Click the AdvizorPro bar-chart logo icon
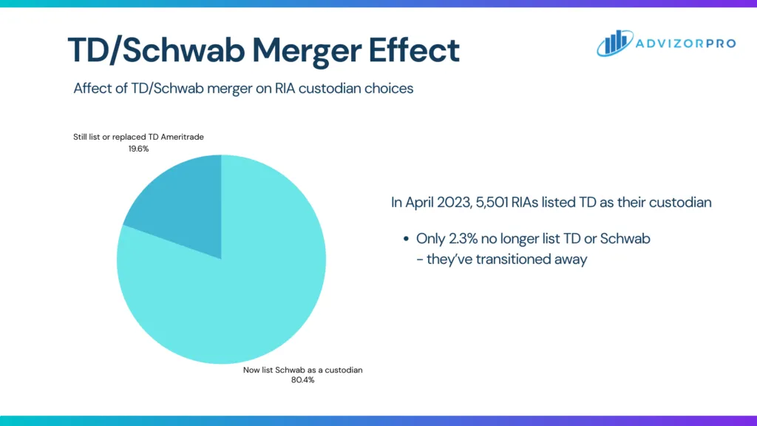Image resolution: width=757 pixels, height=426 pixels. coord(614,44)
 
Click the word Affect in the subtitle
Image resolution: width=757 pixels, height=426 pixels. coord(92,88)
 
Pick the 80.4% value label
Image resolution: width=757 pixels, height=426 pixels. coord(303,380)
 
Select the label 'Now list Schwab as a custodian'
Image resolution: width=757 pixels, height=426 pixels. coord(303,369)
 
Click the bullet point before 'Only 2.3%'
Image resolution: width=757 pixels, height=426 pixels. coord(407,239)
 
